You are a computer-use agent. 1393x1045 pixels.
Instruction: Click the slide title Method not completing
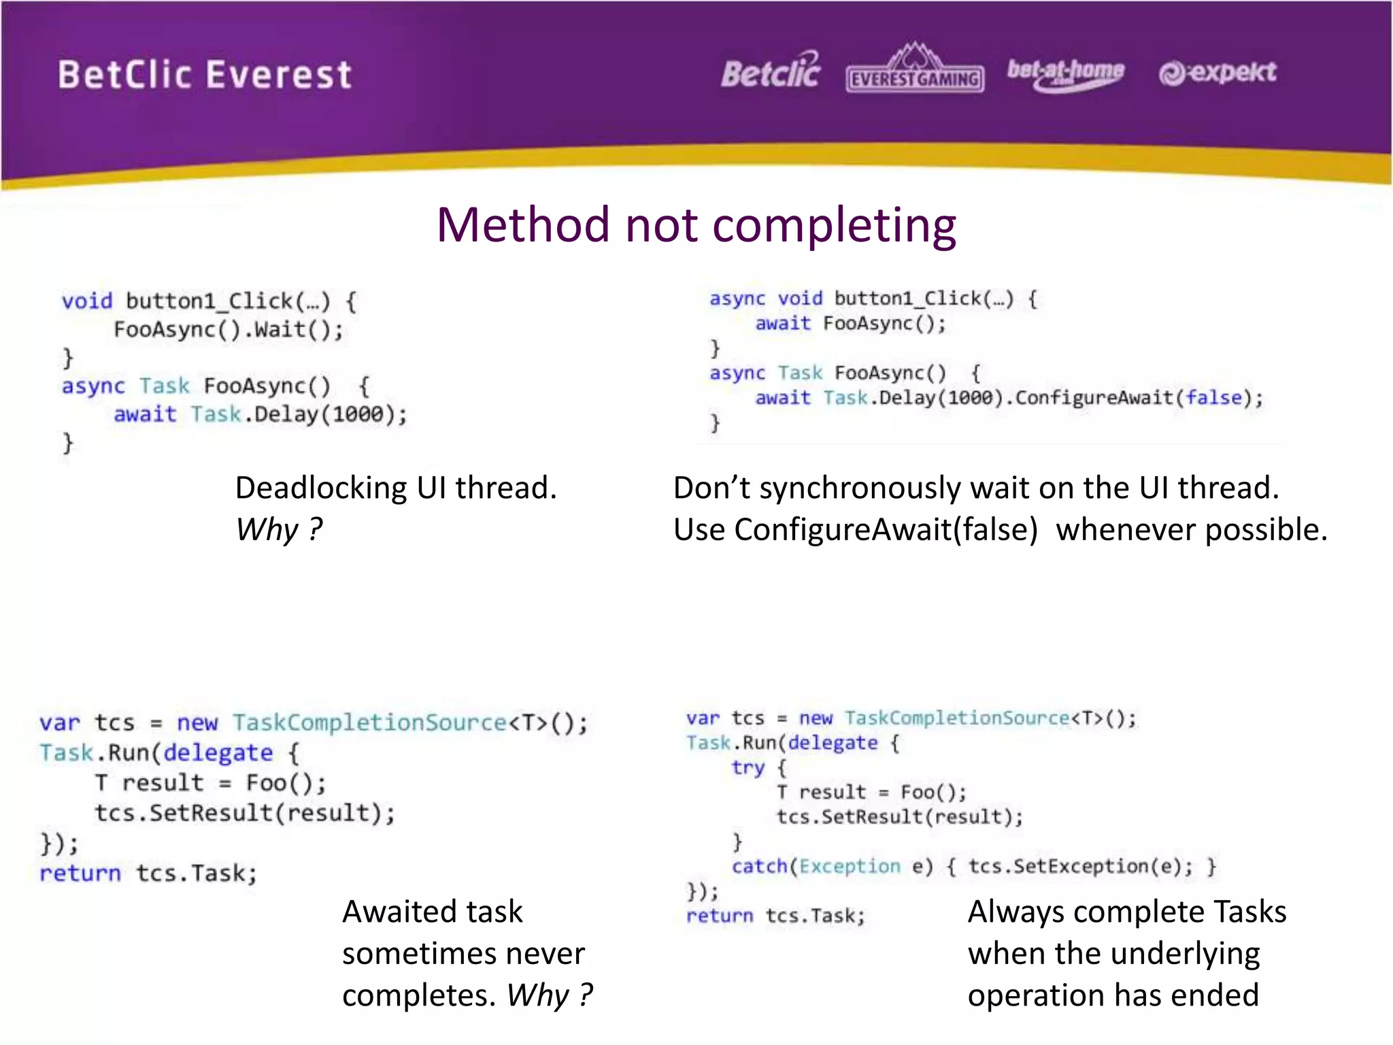[x=696, y=225]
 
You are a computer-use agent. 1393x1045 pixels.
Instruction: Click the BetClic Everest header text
[x=204, y=75]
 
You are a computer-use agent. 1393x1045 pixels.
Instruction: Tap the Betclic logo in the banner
[x=771, y=72]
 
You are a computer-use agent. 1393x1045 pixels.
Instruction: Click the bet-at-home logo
[x=1065, y=73]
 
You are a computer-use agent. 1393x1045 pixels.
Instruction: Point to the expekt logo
[x=1218, y=73]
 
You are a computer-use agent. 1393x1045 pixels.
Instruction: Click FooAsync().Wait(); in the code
[x=229, y=330]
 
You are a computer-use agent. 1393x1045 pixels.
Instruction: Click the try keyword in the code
[x=748, y=767]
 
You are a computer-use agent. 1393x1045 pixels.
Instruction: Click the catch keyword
[x=758, y=866]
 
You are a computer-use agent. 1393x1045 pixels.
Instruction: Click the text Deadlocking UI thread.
[x=396, y=488]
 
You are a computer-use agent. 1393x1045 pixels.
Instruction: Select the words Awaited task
[x=433, y=912]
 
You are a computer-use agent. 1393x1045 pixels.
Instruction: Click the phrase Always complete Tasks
[x=1126, y=912]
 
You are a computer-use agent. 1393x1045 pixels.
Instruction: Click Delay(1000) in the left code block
[x=320, y=414]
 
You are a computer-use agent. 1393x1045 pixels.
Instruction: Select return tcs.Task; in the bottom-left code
[x=148, y=874]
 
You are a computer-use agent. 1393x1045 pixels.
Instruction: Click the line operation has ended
[x=1113, y=995]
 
